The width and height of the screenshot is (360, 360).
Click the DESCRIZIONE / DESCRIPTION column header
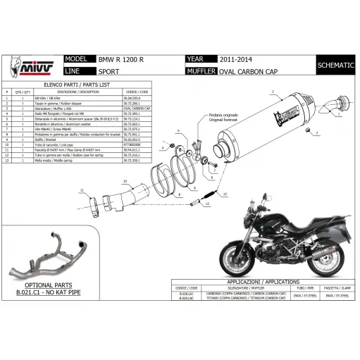tap(78, 92)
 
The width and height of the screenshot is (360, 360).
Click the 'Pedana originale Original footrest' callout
tap(222, 118)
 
